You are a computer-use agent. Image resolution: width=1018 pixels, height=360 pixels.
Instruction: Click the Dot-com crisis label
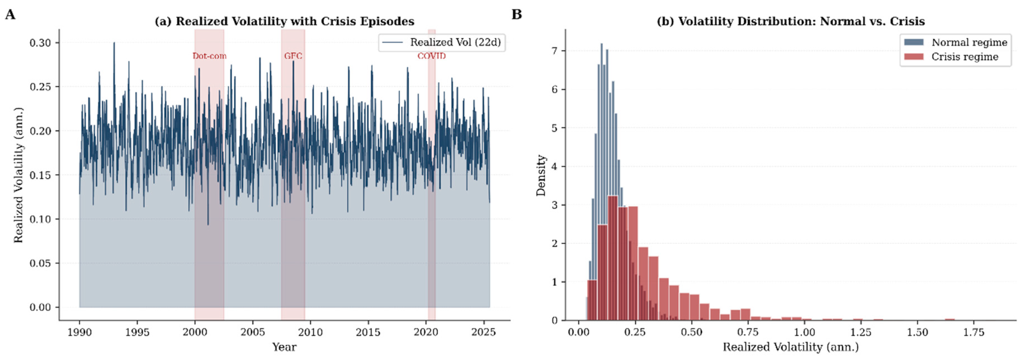pos(209,56)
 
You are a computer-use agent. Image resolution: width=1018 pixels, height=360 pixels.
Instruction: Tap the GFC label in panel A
pos(293,56)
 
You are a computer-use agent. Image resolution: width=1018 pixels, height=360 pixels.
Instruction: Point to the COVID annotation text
pos(431,56)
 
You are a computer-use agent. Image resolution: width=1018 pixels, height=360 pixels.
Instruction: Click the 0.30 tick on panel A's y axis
pos(40,43)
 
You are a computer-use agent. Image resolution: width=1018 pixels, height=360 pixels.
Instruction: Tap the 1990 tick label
pos(79,332)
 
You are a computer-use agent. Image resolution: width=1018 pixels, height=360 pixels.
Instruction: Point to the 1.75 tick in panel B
pos(973,332)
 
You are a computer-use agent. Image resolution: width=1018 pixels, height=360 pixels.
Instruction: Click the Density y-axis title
pos(541,175)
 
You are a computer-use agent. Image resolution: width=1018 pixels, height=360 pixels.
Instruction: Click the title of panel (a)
pos(284,21)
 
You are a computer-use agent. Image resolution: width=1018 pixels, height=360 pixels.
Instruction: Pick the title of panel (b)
pos(790,21)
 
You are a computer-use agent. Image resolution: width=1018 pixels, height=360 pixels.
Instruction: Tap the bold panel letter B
pos(516,15)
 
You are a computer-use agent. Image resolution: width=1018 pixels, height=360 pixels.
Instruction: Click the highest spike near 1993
pos(114,44)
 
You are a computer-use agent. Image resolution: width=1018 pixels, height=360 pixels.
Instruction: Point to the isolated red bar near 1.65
pos(950,319)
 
